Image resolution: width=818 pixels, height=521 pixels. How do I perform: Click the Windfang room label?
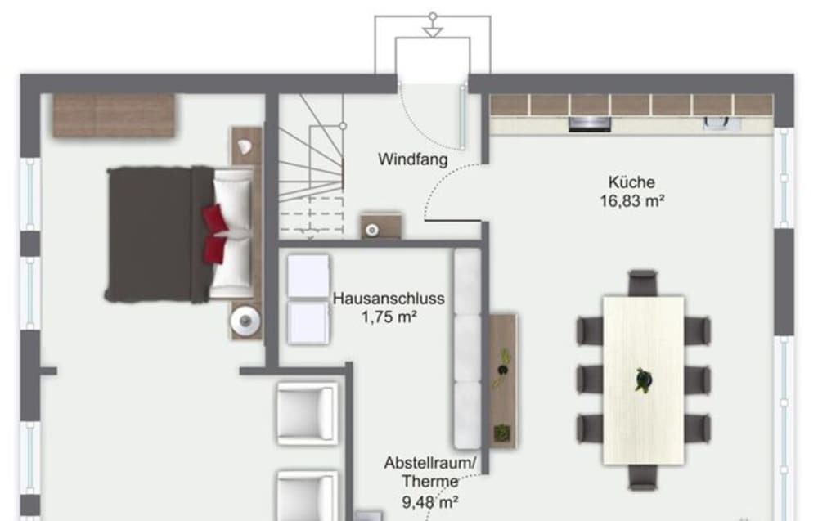412,159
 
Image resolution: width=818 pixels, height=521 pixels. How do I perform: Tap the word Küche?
631,182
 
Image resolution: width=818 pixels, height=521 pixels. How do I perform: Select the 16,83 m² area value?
631,200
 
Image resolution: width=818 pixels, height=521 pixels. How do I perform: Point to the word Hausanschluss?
389,299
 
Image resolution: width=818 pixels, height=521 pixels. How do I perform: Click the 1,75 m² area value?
389,317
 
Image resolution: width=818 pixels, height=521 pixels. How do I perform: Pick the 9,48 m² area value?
430,502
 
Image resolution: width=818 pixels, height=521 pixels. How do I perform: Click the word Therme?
430,482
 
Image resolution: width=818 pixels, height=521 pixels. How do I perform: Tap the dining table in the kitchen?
643,380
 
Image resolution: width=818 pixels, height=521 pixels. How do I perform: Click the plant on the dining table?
643,380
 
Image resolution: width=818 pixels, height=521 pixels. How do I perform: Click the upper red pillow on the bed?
214,219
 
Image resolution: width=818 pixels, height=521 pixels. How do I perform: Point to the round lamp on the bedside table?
245,321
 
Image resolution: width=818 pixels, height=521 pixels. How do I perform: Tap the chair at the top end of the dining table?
643,283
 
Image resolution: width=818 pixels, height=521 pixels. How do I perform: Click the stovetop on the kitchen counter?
590,124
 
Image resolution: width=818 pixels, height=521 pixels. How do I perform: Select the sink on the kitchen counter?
721,123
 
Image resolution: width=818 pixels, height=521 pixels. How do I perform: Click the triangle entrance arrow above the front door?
433,33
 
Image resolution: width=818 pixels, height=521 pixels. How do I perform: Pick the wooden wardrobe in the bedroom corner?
114,115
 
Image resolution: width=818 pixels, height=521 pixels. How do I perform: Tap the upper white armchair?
307,413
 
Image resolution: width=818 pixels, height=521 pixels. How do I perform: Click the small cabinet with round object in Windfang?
381,227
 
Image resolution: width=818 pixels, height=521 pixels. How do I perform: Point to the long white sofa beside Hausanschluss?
467,349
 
